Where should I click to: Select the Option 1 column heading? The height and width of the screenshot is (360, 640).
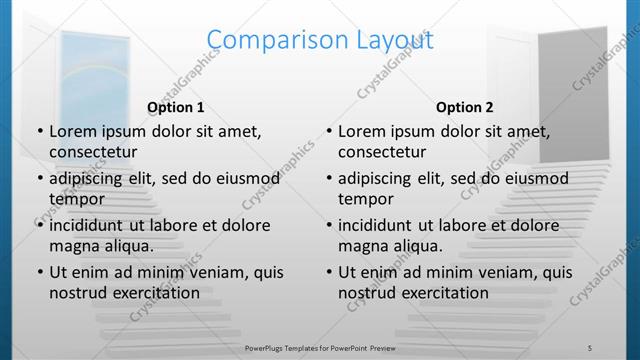click(x=176, y=107)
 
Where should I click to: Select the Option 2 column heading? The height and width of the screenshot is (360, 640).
click(x=465, y=107)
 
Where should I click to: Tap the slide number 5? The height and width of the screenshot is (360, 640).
click(x=589, y=347)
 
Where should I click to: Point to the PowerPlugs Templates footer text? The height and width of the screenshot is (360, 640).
click(x=319, y=347)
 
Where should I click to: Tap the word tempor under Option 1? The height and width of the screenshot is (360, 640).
click(x=76, y=199)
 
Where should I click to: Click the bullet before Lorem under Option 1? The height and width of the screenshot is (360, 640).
click(x=39, y=131)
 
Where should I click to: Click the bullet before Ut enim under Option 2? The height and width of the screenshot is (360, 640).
click(x=328, y=272)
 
